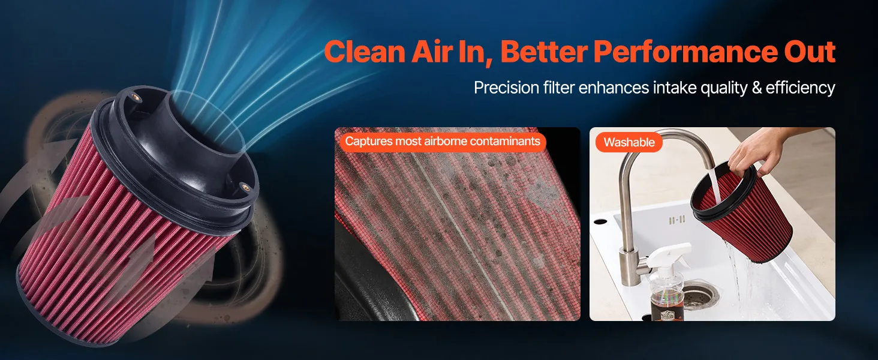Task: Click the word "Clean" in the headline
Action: coord(365,52)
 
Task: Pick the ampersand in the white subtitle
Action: coord(756,88)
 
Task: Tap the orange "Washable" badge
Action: coord(629,142)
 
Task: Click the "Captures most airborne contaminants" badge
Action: coord(443,141)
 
